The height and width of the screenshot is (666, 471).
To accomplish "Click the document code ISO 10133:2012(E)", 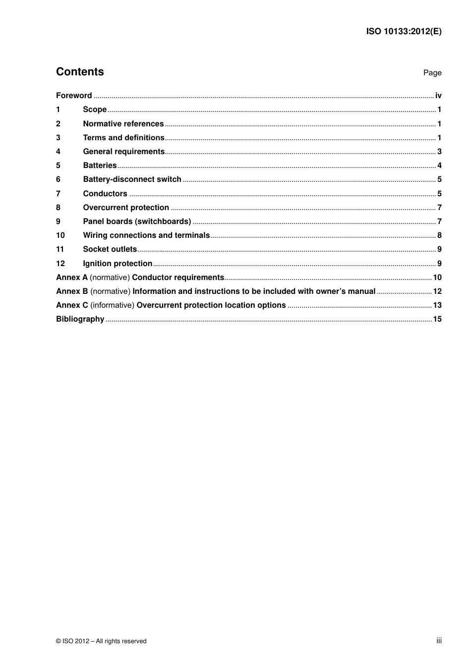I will pos(404,31).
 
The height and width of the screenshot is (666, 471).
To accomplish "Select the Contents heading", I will pos(80,72).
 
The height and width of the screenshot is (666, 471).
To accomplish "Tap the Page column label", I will pos(432,73).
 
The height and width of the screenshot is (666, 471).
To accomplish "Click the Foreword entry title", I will pos(74,96).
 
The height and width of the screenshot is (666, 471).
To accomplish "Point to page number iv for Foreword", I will pos(438,96).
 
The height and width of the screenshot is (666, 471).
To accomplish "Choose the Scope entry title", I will pos(95,110).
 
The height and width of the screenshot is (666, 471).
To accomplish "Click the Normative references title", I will pos(123,124).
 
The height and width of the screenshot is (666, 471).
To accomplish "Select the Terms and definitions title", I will pos(123,138).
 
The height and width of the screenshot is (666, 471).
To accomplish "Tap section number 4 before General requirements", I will pos(58,152).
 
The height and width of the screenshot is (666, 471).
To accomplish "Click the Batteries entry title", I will pos(100,166).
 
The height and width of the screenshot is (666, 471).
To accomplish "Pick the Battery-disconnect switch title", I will pos(132,179).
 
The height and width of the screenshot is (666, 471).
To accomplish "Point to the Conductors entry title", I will pos(105,194).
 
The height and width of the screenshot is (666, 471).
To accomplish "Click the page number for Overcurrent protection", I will pos(439,208).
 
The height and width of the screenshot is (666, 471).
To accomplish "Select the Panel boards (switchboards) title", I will pos(137,222).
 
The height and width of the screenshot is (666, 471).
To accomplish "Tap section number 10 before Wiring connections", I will pos(60,235).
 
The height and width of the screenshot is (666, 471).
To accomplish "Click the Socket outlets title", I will pos(110,249).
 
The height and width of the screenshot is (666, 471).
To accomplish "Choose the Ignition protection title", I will pos(118,264).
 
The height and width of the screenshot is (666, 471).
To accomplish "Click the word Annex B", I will pos(72,291).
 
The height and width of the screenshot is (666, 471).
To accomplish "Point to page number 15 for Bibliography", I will pos(437,319).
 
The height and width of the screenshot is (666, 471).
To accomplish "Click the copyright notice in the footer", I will pos(101,641).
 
